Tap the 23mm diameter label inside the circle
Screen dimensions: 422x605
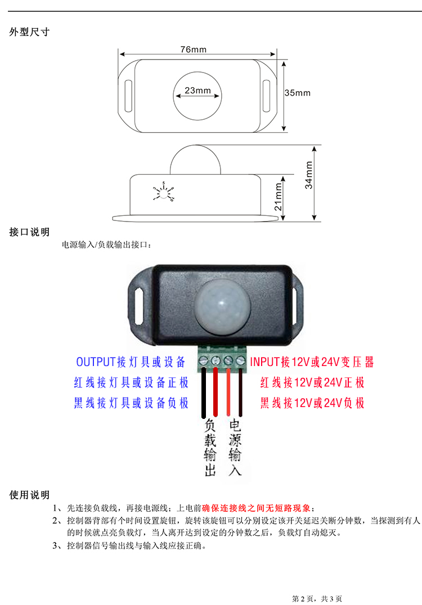click(x=197, y=91)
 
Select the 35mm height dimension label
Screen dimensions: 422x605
click(x=297, y=93)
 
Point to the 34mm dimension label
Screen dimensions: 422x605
click(x=309, y=175)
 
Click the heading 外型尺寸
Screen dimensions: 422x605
click(x=29, y=32)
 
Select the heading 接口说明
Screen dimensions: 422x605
click(x=29, y=232)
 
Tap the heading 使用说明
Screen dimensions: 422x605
click(x=29, y=495)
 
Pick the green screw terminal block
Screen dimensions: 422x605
click(x=222, y=360)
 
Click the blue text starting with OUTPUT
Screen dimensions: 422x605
click(x=131, y=362)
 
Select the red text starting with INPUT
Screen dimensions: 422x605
click(x=312, y=362)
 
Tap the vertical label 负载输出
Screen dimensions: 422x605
click(x=210, y=448)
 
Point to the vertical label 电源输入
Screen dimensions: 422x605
click(x=235, y=448)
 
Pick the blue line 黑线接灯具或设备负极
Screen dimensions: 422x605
click(x=131, y=403)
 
